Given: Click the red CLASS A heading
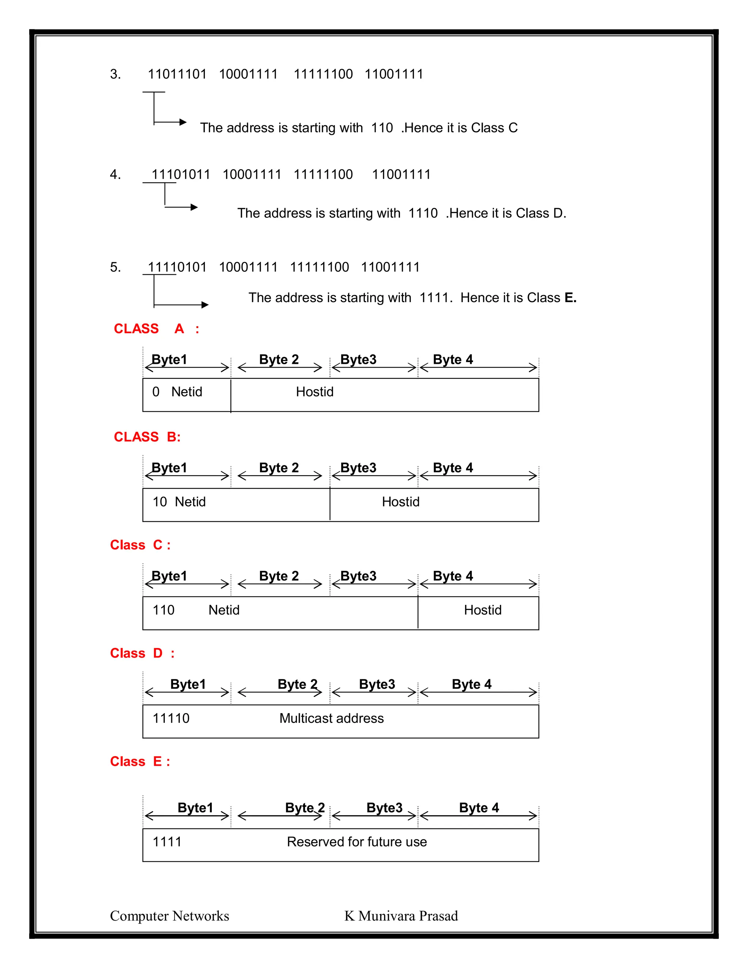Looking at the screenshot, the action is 156,328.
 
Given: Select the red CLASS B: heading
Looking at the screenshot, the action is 147,437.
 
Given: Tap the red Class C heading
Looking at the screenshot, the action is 140,545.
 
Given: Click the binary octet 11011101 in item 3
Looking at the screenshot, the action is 177,74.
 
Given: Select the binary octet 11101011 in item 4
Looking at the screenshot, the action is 181,174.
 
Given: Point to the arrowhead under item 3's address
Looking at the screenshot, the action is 183,122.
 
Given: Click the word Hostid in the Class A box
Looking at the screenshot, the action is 314,392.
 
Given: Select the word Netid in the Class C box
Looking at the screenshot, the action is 224,610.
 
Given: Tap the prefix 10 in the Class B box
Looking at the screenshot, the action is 160,502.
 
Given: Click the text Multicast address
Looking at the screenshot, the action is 332,718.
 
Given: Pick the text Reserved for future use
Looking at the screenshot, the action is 357,842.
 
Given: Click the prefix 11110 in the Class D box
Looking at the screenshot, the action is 171,718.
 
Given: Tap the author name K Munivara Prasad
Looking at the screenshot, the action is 401,916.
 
